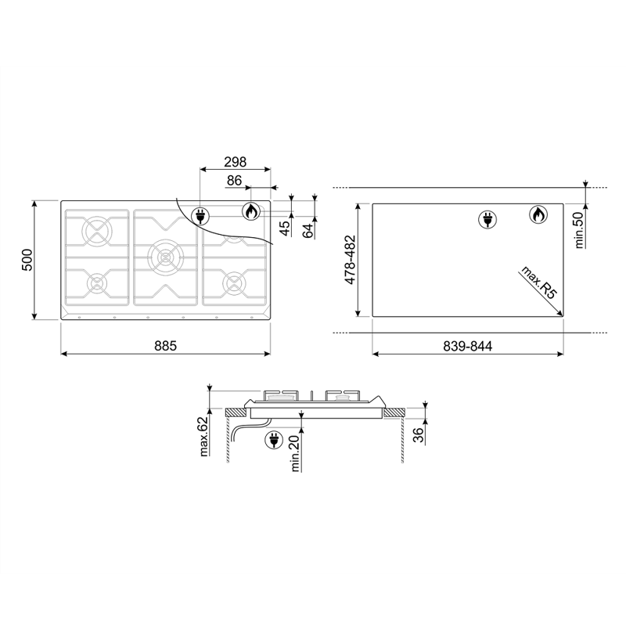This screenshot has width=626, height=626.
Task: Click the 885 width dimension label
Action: [165, 346]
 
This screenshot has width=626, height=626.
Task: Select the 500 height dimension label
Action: [27, 260]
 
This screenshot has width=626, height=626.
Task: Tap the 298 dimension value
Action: [236, 162]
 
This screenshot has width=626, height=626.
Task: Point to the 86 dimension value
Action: [234, 181]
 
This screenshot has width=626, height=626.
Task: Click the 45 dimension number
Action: [285, 228]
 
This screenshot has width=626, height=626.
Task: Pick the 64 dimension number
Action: [308, 231]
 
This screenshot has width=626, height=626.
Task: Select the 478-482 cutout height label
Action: [350, 260]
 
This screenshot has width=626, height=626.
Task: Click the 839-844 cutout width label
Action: [467, 346]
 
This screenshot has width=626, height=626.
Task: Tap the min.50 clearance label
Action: [579, 230]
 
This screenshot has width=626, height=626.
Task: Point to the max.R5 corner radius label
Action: [539, 282]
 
